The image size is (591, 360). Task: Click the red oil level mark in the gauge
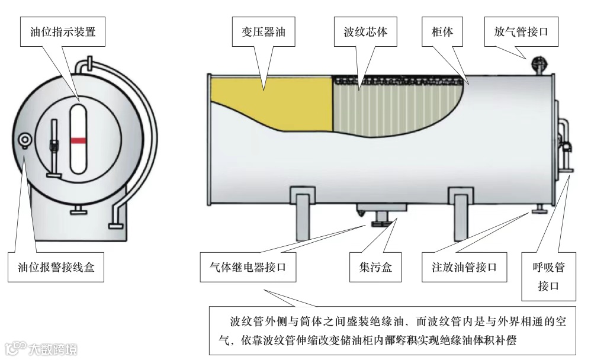pos(78,141)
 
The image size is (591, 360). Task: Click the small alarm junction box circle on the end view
pos(25,139)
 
